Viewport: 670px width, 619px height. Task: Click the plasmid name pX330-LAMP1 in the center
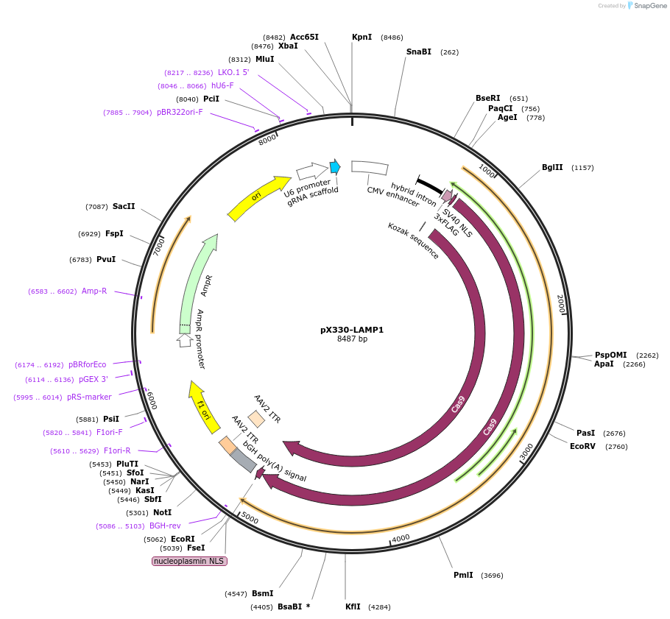[352, 330]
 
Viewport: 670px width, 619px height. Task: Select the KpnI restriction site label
[362, 37]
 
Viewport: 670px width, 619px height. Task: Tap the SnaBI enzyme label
[418, 52]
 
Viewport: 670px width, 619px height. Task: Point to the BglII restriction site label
[552, 167]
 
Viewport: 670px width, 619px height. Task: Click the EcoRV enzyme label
[582, 446]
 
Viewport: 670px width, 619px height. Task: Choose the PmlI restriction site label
[463, 575]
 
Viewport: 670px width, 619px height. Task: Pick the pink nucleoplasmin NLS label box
[189, 561]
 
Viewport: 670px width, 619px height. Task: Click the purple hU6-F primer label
[222, 85]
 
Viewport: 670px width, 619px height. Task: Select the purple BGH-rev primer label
[165, 526]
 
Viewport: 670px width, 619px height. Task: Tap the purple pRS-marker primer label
[89, 397]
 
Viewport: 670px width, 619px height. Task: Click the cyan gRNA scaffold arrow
[335, 166]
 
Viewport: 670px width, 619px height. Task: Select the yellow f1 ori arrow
[203, 406]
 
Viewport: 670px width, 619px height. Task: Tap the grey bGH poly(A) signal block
[243, 461]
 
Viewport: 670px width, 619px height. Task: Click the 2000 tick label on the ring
[561, 304]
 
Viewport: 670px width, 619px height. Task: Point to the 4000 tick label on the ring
[401, 538]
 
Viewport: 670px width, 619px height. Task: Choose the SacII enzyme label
[124, 206]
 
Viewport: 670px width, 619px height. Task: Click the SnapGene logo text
[650, 5]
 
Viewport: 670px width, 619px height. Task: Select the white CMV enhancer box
[370, 168]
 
